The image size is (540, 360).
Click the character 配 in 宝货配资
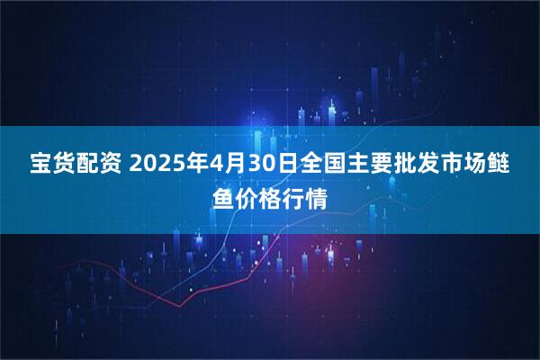click(93, 166)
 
